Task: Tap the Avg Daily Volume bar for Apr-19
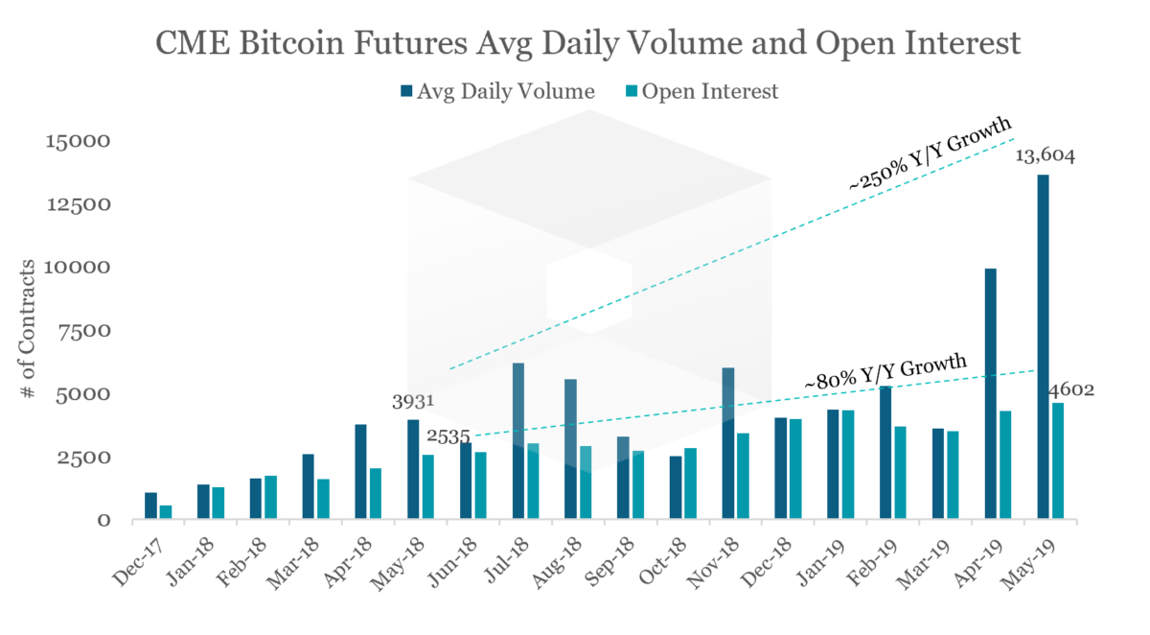[991, 394]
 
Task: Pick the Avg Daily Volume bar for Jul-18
[518, 441]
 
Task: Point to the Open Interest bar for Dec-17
[166, 512]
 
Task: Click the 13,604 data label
[1044, 156]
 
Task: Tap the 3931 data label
[413, 401]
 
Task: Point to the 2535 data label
[448, 438]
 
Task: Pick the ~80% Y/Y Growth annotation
[885, 373]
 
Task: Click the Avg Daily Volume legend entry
[498, 92]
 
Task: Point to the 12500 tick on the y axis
[78, 204]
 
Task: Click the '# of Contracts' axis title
[31, 330]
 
